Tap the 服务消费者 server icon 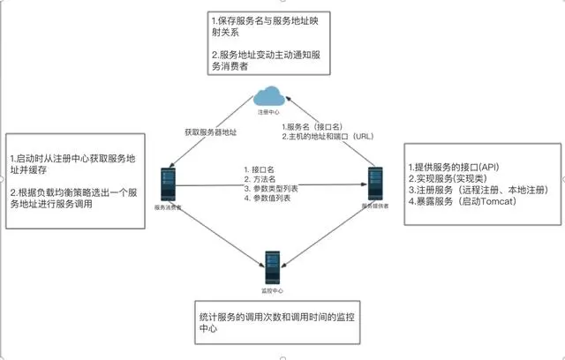[167, 184]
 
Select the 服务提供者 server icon [375, 184]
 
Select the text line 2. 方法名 [263, 178]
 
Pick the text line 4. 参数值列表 [269, 199]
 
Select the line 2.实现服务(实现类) [447, 177]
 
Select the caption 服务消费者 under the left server [168, 206]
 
